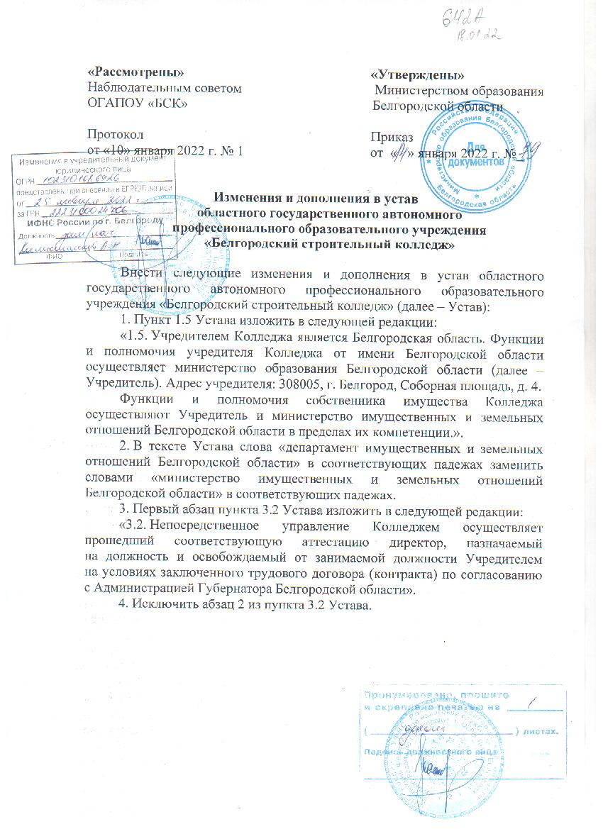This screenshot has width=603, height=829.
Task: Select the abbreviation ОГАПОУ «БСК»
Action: click(x=137, y=104)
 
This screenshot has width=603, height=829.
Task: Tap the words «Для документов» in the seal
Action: click(x=485, y=156)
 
